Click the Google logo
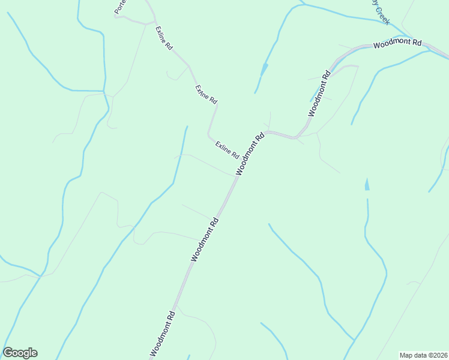point(20,353)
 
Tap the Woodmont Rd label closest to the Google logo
point(163,334)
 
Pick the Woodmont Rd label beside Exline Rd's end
point(250,154)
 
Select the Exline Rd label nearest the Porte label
point(164,37)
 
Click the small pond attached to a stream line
point(264,69)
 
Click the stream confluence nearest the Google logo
point(40,275)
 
